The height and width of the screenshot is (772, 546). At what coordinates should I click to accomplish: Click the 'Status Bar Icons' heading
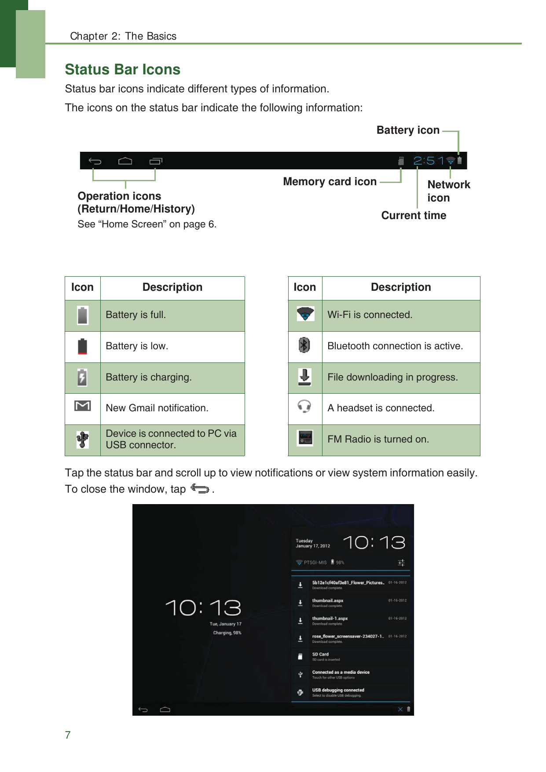coord(122,70)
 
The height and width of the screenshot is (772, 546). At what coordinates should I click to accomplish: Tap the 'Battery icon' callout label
coord(408,130)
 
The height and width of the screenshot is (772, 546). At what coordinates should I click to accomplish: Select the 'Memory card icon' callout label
coord(330,182)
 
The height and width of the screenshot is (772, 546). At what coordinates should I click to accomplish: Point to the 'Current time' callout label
coord(414,216)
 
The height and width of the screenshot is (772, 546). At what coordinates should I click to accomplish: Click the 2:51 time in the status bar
coord(429,161)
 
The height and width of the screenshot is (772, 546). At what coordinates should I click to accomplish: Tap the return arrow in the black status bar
coord(95,161)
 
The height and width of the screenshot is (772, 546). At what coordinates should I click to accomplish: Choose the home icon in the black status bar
coord(125,161)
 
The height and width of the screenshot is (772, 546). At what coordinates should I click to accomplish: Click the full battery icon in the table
coord(83,315)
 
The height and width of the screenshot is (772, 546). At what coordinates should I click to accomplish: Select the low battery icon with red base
coord(82,347)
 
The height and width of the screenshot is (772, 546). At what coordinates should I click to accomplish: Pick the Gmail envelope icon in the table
coord(83,406)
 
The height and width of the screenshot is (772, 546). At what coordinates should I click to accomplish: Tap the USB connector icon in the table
coord(83,439)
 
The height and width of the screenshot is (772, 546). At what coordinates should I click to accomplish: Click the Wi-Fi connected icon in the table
coord(305,314)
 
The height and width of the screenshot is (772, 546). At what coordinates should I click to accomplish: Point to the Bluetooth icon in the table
coord(304,345)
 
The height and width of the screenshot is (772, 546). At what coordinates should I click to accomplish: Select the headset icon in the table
coord(304,406)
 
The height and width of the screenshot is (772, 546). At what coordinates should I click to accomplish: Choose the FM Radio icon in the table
coord(305,438)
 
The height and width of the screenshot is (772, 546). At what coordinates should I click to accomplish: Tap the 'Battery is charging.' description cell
coord(149,377)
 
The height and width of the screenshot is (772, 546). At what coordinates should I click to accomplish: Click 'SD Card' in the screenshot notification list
coord(321,655)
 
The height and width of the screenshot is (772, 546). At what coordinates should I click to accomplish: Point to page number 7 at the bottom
coord(68,735)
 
